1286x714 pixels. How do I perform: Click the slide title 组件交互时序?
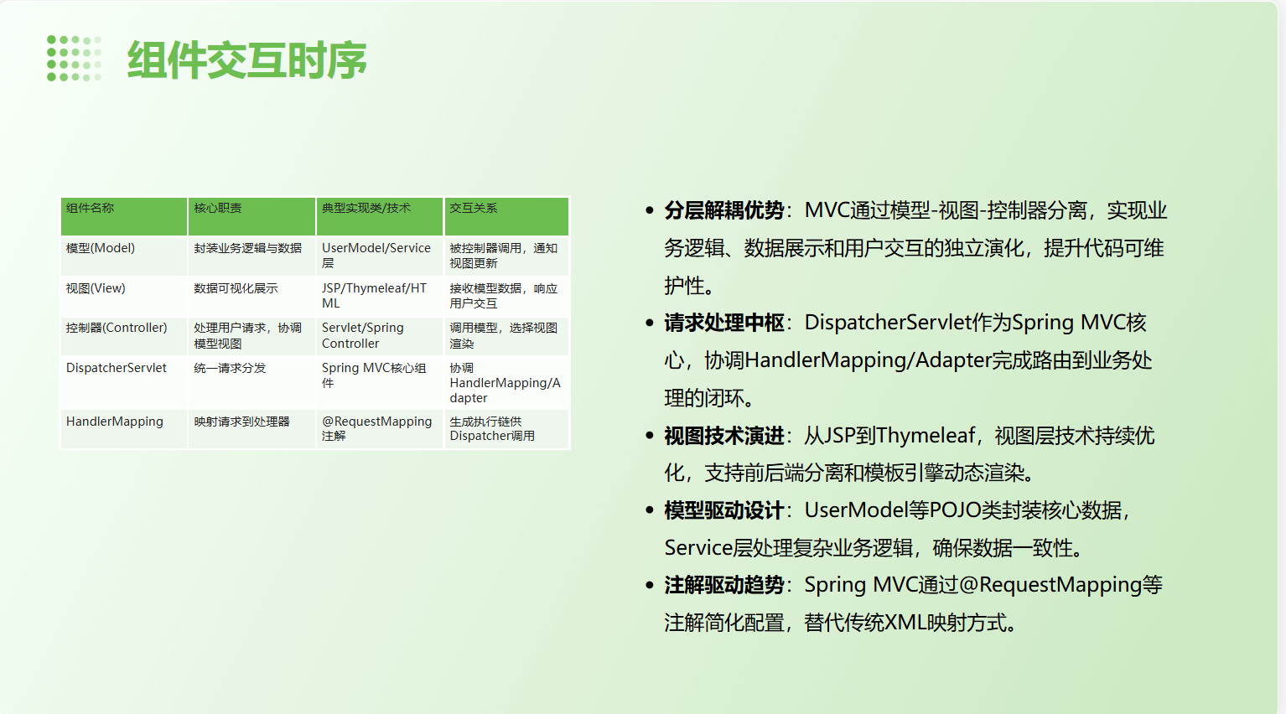[246, 60]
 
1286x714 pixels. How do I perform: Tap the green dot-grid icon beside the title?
[74, 59]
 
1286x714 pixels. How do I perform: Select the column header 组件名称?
[91, 208]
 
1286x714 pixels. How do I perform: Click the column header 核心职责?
[218, 208]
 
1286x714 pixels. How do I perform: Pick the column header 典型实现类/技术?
[366, 208]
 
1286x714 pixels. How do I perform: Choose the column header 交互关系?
[474, 208]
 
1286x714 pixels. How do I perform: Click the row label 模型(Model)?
[101, 248]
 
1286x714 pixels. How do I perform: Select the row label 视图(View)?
[96, 288]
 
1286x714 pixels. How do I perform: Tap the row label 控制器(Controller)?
[117, 328]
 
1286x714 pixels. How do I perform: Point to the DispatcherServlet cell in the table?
[117, 368]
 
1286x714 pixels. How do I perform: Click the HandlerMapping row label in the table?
[115, 422]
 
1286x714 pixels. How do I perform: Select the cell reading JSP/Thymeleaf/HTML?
[374, 295]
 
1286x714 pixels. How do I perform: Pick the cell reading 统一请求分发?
[230, 368]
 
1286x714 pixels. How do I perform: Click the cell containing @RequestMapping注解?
[376, 428]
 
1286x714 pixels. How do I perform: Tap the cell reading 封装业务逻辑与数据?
[247, 248]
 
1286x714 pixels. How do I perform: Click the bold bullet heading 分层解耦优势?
[724, 210]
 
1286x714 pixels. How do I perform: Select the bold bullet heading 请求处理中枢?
[724, 323]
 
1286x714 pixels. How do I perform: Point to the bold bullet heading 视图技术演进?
[724, 436]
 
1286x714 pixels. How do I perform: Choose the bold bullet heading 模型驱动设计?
[724, 510]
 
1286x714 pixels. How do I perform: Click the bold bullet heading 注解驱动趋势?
[724, 585]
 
